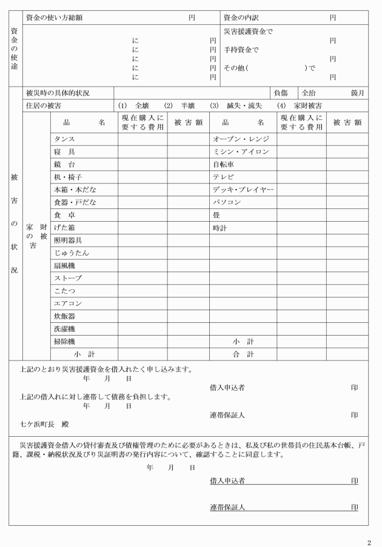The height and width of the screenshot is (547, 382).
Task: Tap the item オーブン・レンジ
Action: (240, 139)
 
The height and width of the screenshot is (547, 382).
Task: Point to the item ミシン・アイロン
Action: (240, 151)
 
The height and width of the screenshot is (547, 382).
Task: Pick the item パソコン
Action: (227, 202)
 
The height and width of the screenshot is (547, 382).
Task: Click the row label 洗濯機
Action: (64, 328)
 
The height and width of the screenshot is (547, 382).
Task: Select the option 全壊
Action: (141, 105)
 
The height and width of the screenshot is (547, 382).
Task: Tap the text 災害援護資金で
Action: (249, 30)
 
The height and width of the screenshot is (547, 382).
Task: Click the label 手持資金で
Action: (241, 50)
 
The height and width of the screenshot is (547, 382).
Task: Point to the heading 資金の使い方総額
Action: (55, 18)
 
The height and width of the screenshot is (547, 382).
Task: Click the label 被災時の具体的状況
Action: (58, 93)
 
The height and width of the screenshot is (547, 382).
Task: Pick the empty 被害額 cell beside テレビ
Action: (347, 177)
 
